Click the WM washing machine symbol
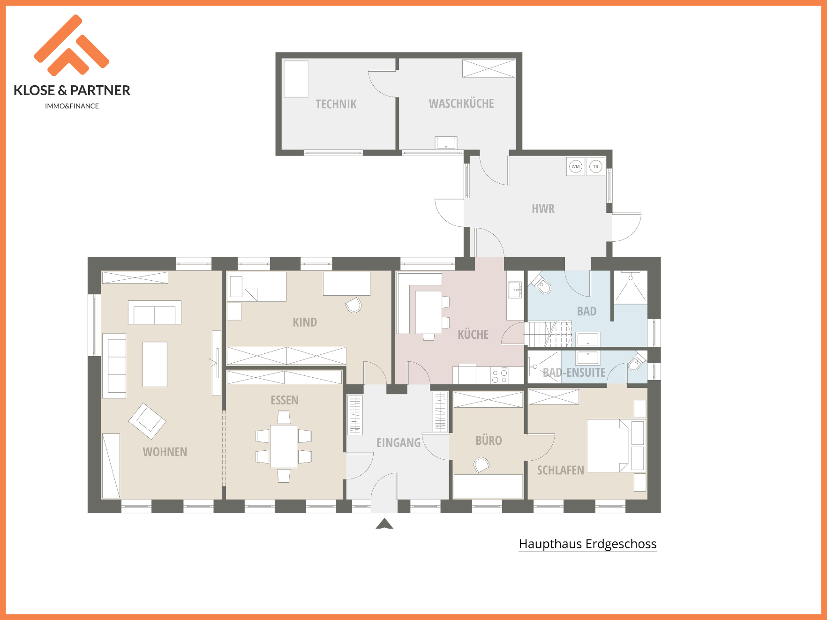click(575, 166)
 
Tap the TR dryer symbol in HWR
click(595, 166)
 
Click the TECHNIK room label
click(336, 104)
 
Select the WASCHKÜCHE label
click(461, 104)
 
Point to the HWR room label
click(543, 209)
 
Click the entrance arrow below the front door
click(384, 523)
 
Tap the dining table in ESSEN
click(284, 446)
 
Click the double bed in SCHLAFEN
click(608, 446)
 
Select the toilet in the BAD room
click(541, 283)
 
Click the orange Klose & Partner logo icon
click(72, 45)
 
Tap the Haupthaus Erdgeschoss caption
click(587, 544)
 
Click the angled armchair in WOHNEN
click(147, 421)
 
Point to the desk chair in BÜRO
click(482, 465)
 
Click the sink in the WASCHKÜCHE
click(446, 142)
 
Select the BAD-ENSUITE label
click(574, 373)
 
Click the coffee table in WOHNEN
click(155, 364)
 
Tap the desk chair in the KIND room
click(353, 305)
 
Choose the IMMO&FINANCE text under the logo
click(72, 106)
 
